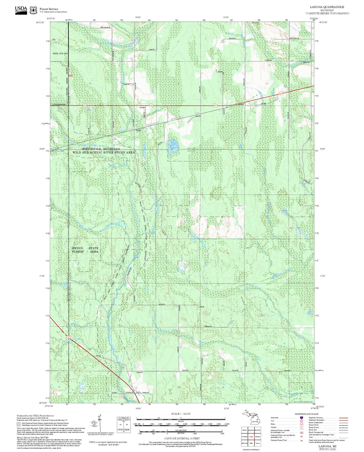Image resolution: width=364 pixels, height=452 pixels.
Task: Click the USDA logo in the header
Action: (21, 10)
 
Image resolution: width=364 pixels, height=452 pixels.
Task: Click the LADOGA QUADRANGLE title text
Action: (330, 7)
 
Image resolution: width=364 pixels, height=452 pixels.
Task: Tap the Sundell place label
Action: (142, 108)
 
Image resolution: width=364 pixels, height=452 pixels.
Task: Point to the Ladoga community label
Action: (201, 307)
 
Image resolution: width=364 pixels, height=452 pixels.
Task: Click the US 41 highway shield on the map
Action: (68, 337)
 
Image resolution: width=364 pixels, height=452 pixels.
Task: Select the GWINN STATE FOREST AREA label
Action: (85, 250)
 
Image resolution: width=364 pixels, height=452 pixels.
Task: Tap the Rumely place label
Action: (241, 104)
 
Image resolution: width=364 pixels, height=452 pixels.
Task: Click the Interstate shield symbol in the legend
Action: (301, 417)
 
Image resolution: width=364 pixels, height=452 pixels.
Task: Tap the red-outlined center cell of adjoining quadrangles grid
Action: (251, 437)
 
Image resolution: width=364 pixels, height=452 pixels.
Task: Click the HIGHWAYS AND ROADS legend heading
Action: (307, 414)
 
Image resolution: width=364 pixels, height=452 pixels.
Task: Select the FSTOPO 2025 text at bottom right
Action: (327, 449)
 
